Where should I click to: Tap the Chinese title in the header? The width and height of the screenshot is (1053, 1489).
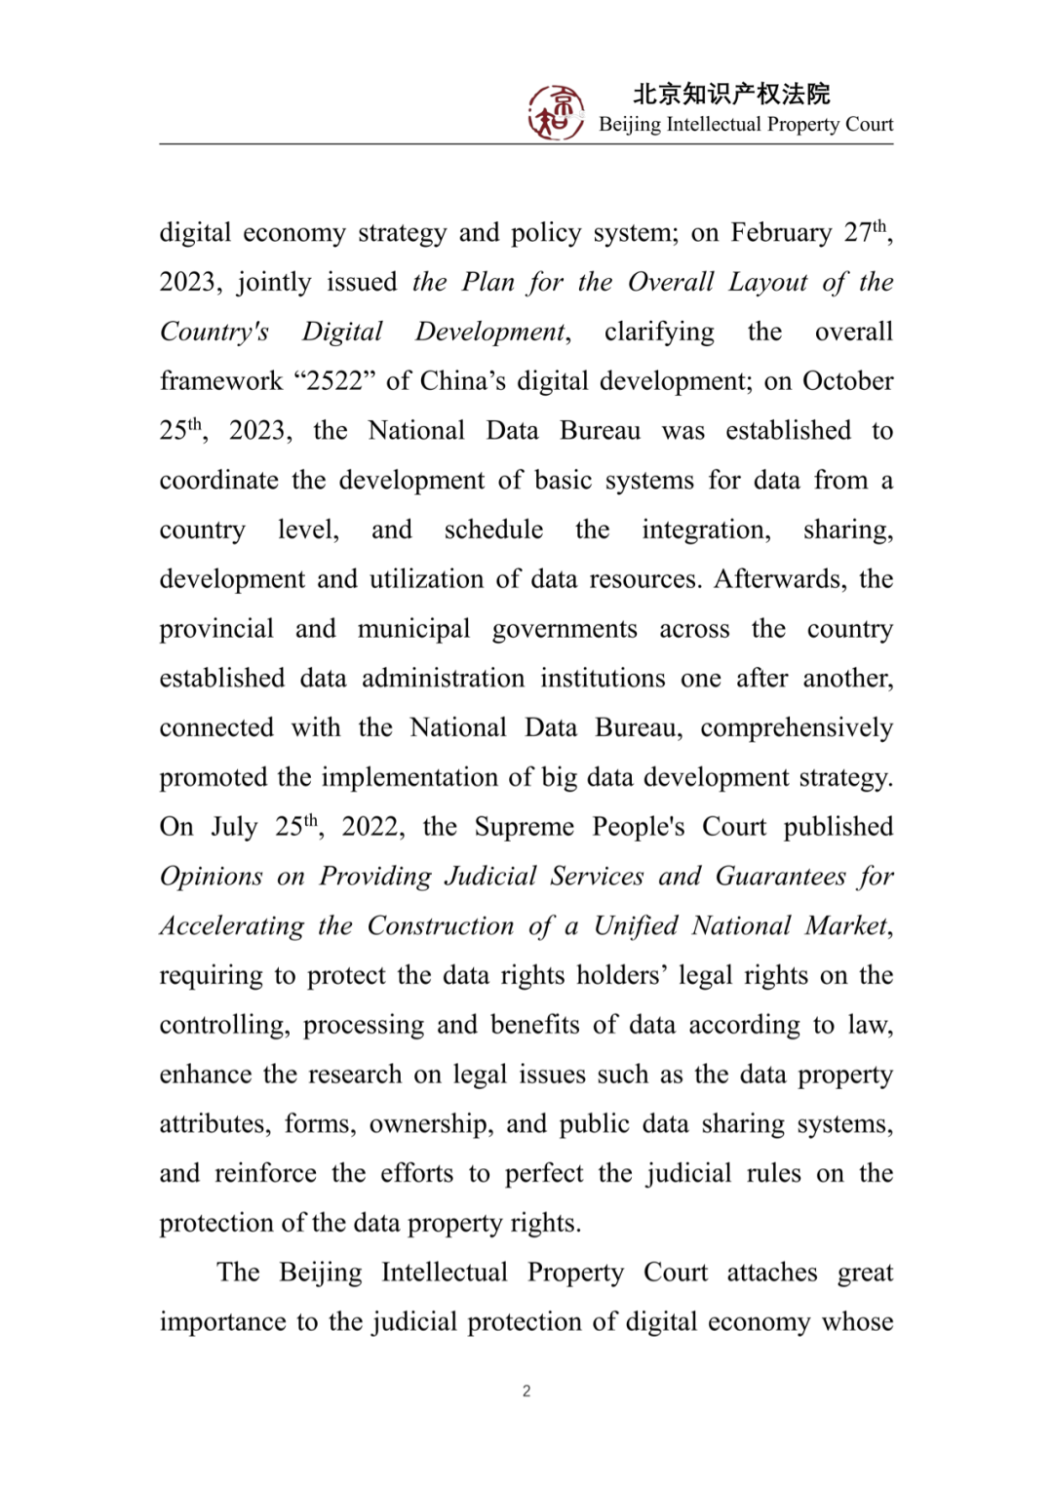pyautogui.click(x=731, y=94)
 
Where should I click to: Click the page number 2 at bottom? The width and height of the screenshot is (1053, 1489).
pyautogui.click(x=526, y=1391)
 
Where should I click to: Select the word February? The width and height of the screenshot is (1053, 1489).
pyautogui.click(x=781, y=233)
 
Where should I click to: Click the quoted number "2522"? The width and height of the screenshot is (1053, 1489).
pyautogui.click(x=335, y=381)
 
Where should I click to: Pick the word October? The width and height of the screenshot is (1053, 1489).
pyautogui.click(x=847, y=381)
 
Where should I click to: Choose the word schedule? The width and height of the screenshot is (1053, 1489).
pyautogui.click(x=493, y=529)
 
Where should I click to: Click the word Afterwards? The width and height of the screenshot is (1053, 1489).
pyautogui.click(x=778, y=579)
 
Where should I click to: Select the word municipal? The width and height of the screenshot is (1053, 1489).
pyautogui.click(x=413, y=629)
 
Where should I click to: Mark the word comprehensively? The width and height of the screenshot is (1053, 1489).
pyautogui.click(x=797, y=728)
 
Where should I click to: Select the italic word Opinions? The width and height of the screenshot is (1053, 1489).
pyautogui.click(x=211, y=877)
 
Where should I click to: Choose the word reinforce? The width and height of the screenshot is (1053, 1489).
pyautogui.click(x=265, y=1173)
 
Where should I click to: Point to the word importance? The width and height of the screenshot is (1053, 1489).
pyautogui.click(x=220, y=1322)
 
